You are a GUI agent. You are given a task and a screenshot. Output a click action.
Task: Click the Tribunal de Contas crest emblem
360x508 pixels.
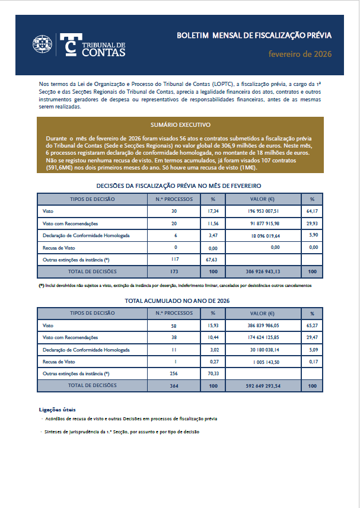43,45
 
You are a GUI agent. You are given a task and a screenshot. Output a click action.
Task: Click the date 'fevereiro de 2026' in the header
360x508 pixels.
300,55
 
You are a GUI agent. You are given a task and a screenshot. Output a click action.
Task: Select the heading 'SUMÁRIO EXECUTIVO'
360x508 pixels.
180,125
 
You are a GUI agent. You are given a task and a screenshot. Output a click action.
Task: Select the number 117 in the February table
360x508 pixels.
174,259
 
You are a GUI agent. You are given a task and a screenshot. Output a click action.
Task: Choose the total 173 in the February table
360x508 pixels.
174,271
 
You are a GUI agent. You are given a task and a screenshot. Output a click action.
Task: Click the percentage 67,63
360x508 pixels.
213,260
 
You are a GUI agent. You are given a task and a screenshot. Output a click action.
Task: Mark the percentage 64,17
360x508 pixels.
312,211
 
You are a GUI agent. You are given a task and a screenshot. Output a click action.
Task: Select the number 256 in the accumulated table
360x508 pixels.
174,373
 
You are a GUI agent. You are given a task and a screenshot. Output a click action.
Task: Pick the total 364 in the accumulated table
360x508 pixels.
174,386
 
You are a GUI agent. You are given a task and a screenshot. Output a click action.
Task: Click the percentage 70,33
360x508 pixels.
213,374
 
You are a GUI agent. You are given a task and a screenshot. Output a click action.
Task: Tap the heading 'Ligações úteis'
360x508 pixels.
57,410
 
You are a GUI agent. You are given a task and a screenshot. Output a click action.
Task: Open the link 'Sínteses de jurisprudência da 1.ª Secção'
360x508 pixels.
122,432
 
